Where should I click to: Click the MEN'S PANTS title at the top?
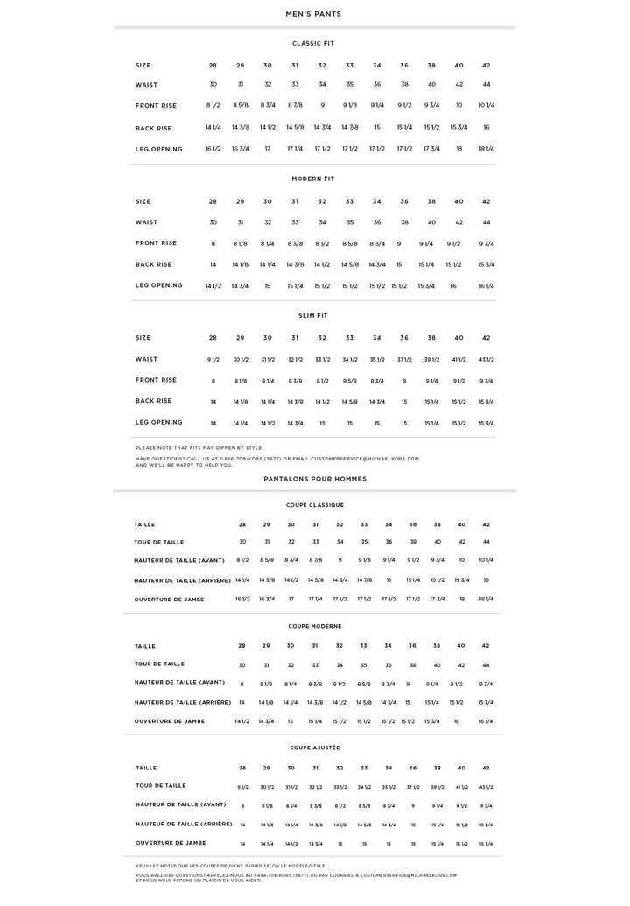313,14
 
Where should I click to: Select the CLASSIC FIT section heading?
313,43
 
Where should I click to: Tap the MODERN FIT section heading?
313,179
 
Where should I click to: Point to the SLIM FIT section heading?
313,315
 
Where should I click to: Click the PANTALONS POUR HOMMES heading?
315,479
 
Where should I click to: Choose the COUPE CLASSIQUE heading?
314,505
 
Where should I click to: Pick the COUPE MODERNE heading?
314,626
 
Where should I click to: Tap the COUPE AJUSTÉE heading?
314,748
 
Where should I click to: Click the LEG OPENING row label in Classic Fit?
159,149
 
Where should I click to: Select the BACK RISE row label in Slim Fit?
154,401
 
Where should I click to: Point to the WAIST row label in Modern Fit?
147,222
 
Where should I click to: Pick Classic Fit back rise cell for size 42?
486,128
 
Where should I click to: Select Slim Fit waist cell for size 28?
213,360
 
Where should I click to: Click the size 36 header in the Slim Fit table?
404,338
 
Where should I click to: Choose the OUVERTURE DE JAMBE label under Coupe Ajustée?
171,843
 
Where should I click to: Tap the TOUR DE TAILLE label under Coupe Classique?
159,542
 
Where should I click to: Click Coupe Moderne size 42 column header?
486,646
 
